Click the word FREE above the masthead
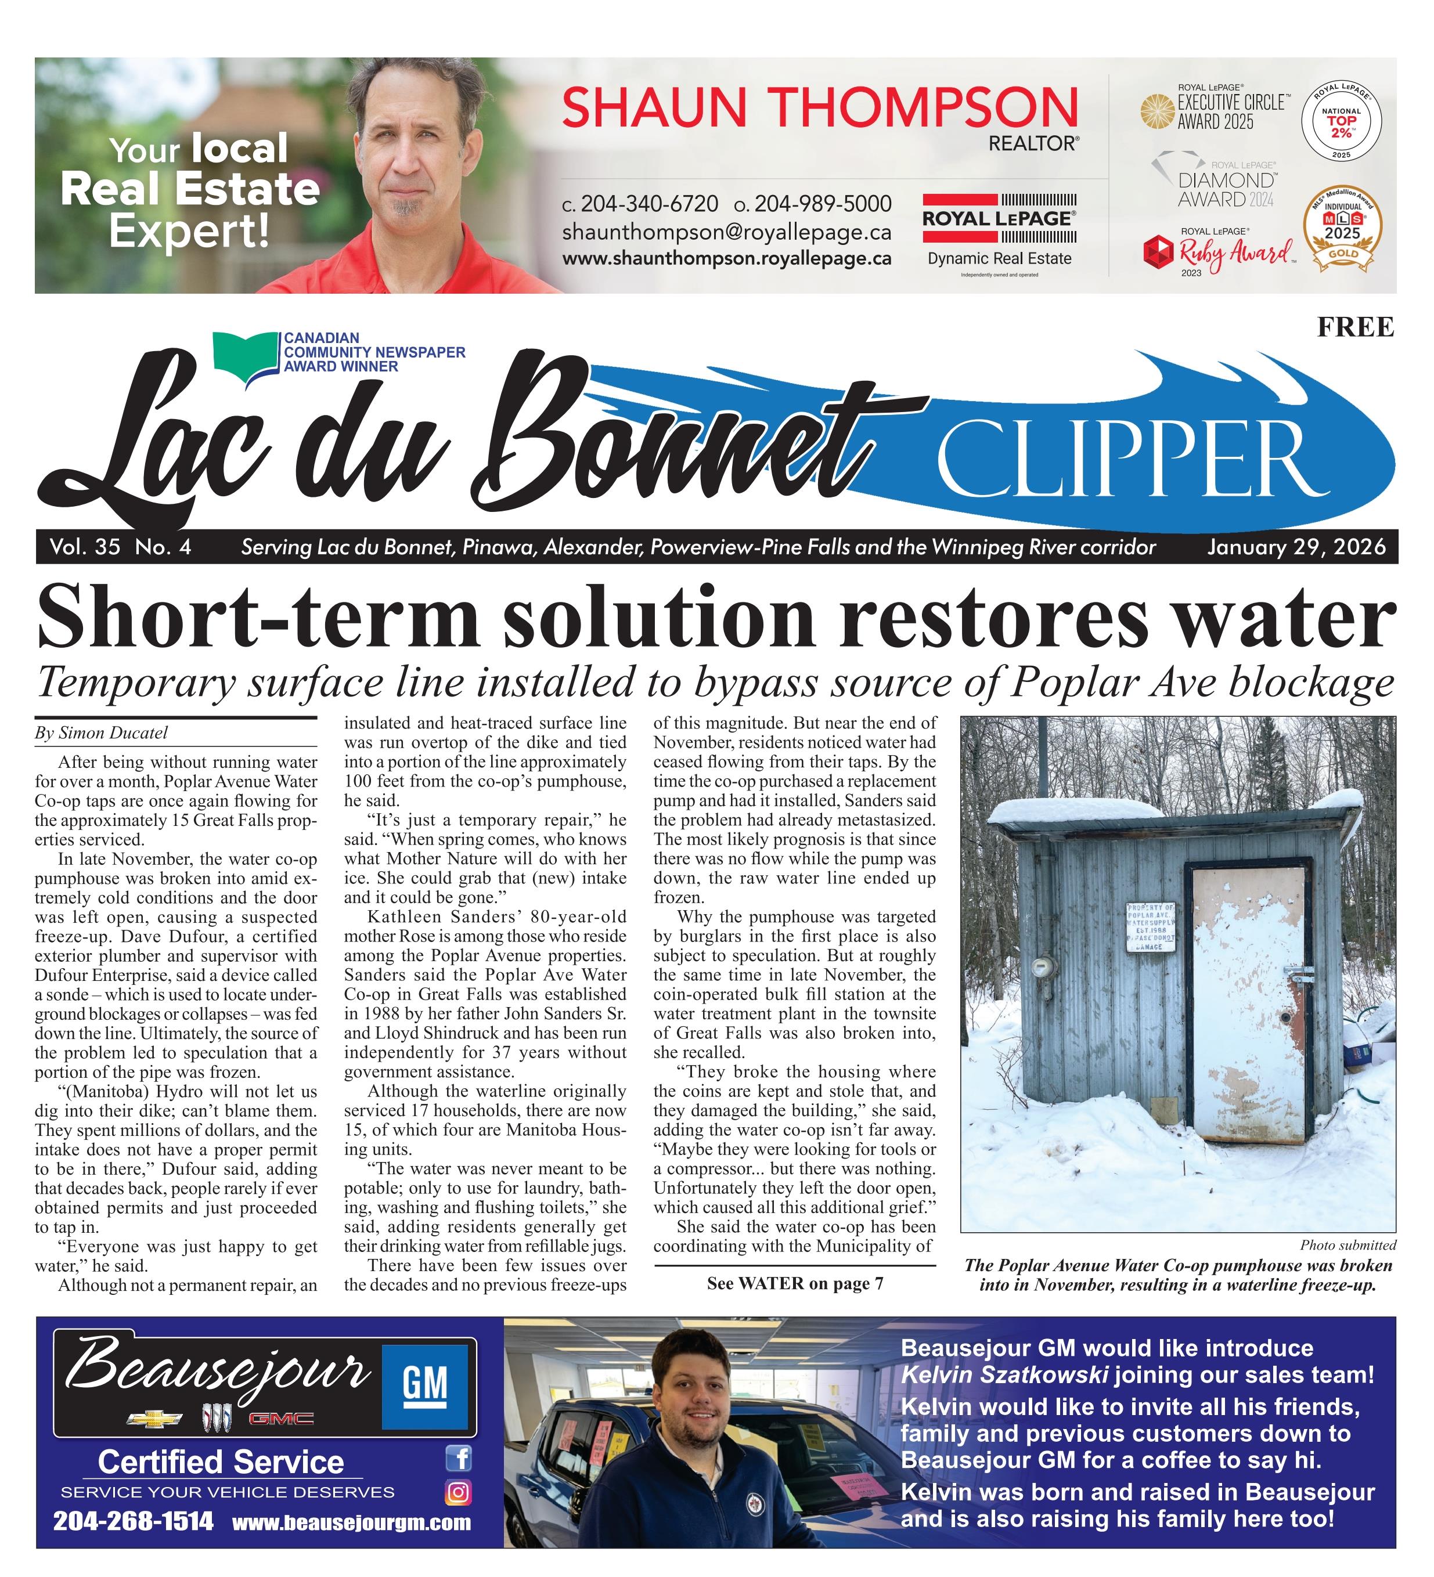click(x=1355, y=326)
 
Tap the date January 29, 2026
click(x=1296, y=547)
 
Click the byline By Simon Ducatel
click(x=102, y=733)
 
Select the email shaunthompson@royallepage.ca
click(x=726, y=232)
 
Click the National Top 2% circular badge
click(x=1341, y=122)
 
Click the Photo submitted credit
click(x=1347, y=1246)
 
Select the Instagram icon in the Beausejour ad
click(x=459, y=1492)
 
